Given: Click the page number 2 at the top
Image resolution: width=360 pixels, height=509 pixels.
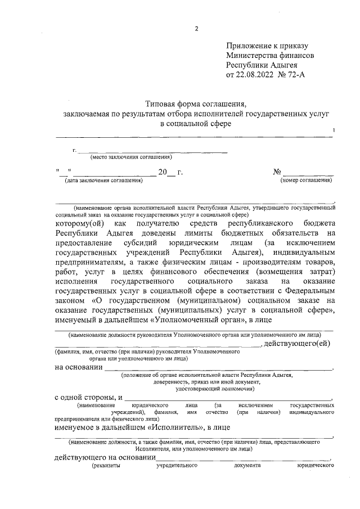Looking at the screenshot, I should click(x=196, y=29).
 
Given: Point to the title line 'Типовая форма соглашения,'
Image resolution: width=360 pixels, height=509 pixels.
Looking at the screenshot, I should click(x=196, y=104).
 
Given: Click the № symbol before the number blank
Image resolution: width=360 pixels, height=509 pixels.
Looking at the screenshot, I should click(x=277, y=172).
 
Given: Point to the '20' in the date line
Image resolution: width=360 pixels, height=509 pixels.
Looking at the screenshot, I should click(x=163, y=172).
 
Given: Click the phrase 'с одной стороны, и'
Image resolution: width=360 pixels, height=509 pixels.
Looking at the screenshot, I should click(x=88, y=398).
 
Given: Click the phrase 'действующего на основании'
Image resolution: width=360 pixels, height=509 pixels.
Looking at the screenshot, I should click(x=105, y=458).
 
